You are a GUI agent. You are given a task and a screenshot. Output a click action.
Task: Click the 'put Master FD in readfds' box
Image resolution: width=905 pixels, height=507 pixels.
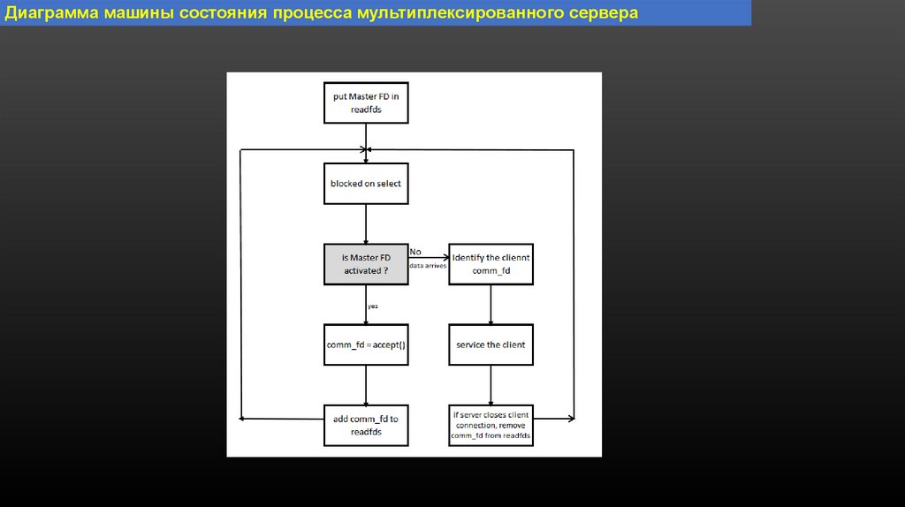coord(366,103)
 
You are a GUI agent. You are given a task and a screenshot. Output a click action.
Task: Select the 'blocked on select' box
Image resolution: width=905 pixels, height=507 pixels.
coord(366,183)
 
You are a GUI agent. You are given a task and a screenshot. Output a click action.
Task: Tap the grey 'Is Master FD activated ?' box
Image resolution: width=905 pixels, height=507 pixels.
coord(366,264)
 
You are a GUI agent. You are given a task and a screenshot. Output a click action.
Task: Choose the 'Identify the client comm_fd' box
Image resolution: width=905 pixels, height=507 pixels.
coord(491,264)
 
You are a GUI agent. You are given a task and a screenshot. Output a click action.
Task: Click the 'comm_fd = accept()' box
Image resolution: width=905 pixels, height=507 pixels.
coord(366,344)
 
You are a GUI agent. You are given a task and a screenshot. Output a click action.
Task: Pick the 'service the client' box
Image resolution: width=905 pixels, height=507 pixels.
coord(491,344)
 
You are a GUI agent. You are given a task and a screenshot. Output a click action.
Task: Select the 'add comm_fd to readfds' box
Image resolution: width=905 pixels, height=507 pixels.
coord(366,425)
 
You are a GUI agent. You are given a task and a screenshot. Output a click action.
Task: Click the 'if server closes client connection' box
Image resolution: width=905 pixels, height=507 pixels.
coord(491,425)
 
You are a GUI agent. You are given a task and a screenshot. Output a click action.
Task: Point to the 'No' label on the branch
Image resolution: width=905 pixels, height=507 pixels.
coord(415,252)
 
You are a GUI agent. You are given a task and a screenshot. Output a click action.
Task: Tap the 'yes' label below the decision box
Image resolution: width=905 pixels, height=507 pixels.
coord(373,306)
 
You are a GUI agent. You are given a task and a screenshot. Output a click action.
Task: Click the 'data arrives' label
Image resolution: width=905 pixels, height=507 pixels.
coord(428,265)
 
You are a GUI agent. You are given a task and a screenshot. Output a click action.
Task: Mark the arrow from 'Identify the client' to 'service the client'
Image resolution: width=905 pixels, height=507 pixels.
coord(491,305)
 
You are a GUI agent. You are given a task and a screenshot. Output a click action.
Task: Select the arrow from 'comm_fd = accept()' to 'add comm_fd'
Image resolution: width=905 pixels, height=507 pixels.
coord(366,385)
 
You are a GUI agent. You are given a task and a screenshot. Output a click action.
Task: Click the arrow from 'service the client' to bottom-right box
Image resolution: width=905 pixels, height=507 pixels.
coord(491,385)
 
